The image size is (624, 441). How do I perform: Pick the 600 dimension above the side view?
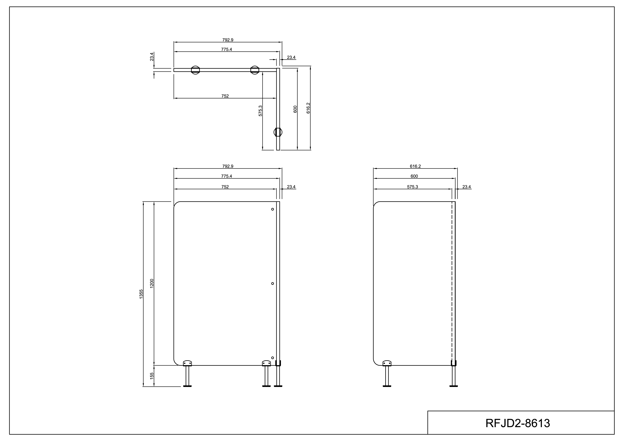(414, 176)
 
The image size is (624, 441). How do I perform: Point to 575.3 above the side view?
(412, 187)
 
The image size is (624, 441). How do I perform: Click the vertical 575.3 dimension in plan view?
(260, 111)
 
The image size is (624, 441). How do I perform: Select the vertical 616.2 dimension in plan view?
(308, 108)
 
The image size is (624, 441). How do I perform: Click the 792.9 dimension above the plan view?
(228, 40)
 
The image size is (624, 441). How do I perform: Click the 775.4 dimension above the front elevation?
(226, 176)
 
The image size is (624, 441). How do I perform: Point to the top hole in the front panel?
(273, 209)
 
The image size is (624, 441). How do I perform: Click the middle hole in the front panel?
(273, 283)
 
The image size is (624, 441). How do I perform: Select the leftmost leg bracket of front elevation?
(187, 363)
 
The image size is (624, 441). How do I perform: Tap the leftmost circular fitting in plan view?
(195, 70)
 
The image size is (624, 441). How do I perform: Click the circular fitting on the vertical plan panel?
(278, 132)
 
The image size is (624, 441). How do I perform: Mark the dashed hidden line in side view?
(452, 283)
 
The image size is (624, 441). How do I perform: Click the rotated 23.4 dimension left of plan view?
(152, 57)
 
